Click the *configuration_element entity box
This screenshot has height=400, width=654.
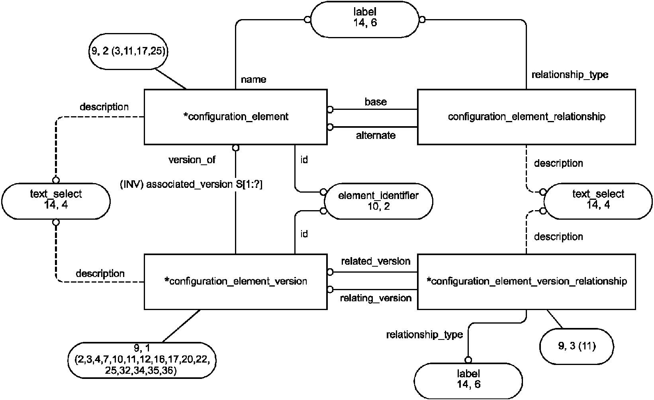point(235,117)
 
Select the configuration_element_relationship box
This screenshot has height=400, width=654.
point(526,117)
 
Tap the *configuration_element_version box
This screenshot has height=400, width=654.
point(235,281)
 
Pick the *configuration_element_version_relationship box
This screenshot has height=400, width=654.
point(526,281)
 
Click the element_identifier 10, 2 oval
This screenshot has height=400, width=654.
point(378,201)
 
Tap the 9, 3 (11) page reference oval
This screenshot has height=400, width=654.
point(576,346)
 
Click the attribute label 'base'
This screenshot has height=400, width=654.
point(376,102)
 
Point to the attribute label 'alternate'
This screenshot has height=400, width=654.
point(376,136)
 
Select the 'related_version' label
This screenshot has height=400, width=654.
point(376,261)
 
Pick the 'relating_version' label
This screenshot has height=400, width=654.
point(376,298)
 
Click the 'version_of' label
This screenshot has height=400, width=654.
point(192,160)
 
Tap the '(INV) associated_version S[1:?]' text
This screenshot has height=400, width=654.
point(191,185)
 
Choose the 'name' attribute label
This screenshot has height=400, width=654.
point(253,80)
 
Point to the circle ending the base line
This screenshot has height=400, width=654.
point(330,109)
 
